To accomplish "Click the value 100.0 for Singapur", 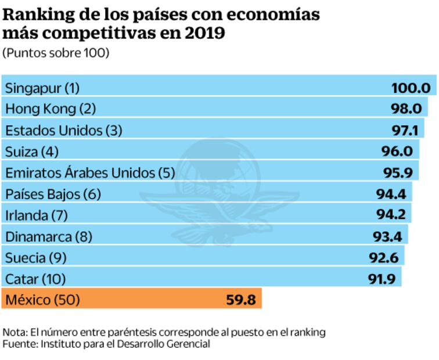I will [410, 88].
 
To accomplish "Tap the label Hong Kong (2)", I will [50, 109].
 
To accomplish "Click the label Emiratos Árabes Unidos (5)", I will [90, 172].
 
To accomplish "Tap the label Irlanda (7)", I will [37, 215].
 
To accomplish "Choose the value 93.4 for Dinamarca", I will [386, 236].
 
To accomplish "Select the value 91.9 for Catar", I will [381, 279].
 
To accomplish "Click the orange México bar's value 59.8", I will [240, 300].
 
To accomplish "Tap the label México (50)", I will [42, 300].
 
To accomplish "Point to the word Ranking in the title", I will [37, 15].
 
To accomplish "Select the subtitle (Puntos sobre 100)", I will [56, 53].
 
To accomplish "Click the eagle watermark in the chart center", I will [219, 192].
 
